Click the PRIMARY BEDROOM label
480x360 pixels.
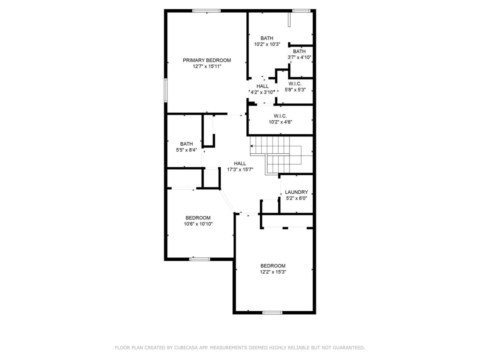207,60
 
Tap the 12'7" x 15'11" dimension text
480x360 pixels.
207,66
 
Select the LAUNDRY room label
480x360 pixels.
296,192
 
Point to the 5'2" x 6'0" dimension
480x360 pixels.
296,198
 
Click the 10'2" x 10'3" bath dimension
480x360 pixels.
267,44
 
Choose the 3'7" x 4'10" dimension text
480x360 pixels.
299,58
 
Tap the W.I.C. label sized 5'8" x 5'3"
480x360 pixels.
295,84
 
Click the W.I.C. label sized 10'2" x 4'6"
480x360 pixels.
280,116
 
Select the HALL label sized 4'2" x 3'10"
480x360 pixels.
263,86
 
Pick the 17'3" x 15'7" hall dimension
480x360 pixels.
240,170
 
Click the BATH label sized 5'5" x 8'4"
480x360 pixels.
186,144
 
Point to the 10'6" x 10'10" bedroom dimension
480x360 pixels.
198,224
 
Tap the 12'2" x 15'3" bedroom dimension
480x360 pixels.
273,272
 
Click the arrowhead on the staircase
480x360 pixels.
251,146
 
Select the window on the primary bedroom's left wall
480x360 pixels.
166,90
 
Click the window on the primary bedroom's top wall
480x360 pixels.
206,11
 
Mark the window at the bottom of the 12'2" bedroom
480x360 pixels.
272,313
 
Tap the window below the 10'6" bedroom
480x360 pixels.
199,259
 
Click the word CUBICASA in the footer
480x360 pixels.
184,347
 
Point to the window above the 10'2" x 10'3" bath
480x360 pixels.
301,11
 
